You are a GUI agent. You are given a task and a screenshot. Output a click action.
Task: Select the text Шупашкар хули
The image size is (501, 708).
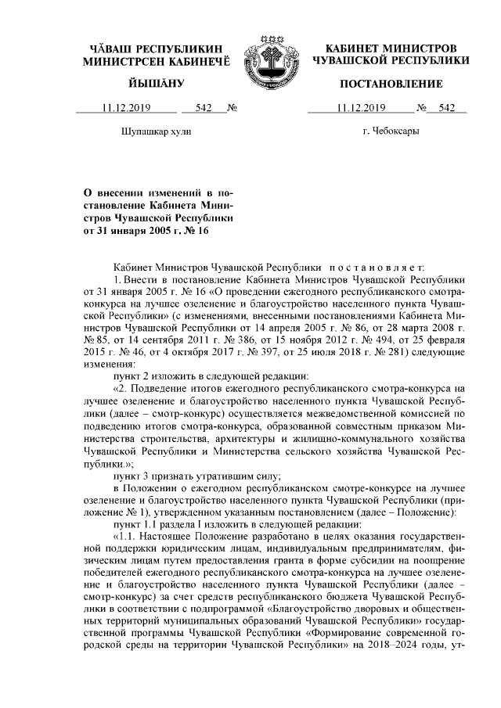157,132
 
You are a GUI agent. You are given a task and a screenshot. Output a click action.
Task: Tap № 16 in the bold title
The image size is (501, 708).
196,230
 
